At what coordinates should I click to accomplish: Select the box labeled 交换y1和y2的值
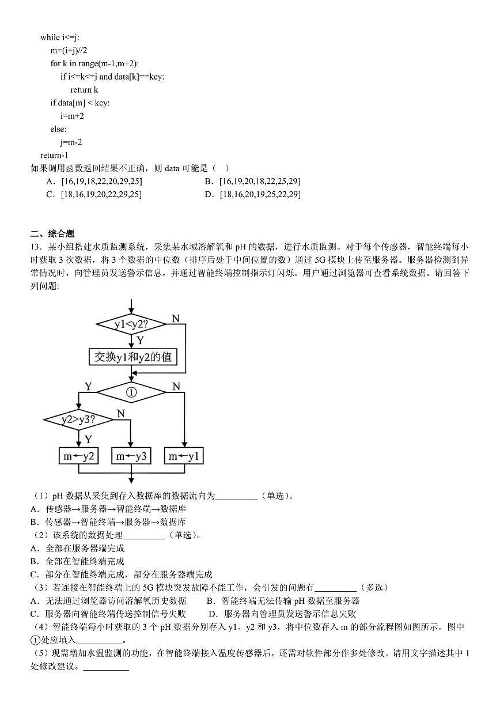click(x=132, y=357)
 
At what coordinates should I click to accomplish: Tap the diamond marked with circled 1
click(x=131, y=392)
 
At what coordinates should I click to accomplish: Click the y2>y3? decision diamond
click(x=79, y=420)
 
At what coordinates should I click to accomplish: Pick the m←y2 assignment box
click(x=79, y=456)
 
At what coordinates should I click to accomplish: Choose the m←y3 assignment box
click(x=131, y=456)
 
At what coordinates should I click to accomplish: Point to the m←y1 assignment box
click(x=184, y=456)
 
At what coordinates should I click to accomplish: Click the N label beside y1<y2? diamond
click(x=175, y=319)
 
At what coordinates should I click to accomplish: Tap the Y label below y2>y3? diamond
click(x=88, y=439)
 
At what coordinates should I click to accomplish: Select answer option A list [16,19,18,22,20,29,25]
click(x=95, y=181)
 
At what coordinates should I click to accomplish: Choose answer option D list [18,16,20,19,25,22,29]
click(x=253, y=194)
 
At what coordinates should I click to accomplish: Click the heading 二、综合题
click(x=52, y=233)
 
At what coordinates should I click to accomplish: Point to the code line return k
click(x=84, y=89)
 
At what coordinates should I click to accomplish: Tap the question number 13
click(x=35, y=247)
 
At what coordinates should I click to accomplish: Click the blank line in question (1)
click(x=236, y=496)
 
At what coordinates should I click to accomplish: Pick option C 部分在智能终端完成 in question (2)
click(x=122, y=574)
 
